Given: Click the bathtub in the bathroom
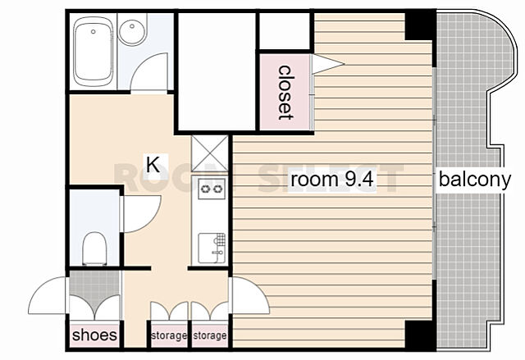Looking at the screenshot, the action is (94, 52).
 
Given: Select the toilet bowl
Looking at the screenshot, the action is (94, 248).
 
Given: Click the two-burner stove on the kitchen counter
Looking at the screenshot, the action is (212, 189).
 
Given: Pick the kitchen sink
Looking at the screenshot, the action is (212, 248).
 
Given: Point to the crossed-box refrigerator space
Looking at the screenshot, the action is (210, 153).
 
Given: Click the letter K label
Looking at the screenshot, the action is (153, 164).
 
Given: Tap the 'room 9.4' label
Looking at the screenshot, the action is (331, 180).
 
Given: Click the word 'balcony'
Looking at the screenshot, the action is (475, 180).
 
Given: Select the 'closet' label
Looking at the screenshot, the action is (286, 93).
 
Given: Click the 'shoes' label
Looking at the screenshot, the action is (95, 335).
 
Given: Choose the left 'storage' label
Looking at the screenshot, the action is (169, 335).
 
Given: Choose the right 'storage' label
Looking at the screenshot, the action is (210, 335).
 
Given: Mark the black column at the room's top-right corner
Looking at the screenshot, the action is (421, 26).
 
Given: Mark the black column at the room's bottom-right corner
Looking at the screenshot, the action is (421, 335).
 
